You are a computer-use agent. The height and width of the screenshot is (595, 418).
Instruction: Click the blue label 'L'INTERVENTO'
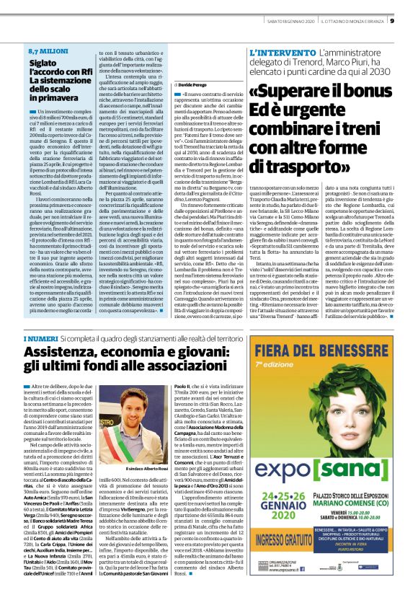274,53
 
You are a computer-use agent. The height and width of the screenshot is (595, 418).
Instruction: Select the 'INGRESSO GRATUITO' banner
291,537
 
